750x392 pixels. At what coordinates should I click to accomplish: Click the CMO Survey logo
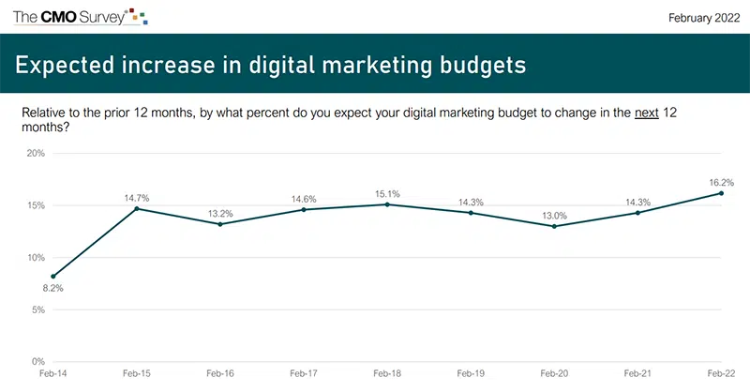pos(80,17)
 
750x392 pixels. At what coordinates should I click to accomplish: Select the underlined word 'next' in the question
pos(644,113)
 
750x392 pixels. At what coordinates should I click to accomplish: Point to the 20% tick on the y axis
pos(35,153)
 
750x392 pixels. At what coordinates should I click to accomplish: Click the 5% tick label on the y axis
pos(37,309)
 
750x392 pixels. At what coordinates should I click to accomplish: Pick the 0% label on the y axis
pos(37,361)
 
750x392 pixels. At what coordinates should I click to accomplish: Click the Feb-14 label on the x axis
pos(54,373)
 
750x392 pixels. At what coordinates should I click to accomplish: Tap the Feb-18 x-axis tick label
pos(387,373)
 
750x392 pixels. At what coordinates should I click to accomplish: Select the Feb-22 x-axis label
pos(720,373)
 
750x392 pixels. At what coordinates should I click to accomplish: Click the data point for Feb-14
pos(54,276)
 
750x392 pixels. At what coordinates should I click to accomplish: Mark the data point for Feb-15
pos(138,208)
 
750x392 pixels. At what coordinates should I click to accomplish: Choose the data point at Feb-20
pos(554,226)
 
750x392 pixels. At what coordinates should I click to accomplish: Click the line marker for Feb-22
pos(720,193)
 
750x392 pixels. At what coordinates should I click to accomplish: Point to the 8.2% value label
pos(54,289)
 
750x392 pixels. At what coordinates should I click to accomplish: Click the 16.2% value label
pos(720,182)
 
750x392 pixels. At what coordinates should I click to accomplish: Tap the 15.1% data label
pos(387,194)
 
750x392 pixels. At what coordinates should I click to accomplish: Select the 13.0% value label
pos(554,215)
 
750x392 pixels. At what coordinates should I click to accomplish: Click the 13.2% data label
pos(220,213)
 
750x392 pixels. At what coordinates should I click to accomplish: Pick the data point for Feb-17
pos(304,209)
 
